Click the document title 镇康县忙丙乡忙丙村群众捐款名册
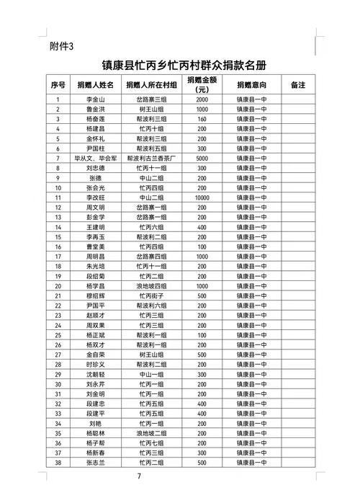point(179,65)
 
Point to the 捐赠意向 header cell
point(251,84)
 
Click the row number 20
point(58,285)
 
